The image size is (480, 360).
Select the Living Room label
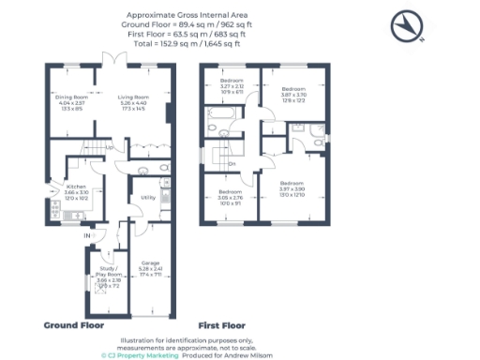(132, 97)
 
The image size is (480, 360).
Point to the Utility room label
(147, 198)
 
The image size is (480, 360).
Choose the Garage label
(150, 262)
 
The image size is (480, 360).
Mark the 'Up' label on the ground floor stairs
(110, 147)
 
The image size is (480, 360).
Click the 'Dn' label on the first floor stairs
(232, 164)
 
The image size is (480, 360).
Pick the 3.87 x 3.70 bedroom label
(293, 91)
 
